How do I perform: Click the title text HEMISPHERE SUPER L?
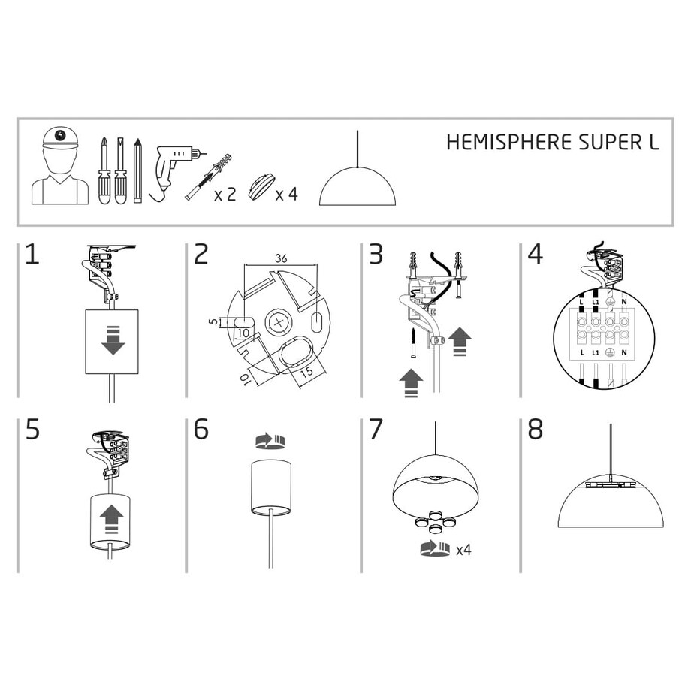point(553,143)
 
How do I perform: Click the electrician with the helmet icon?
point(59,166)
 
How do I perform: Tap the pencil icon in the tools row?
point(137,170)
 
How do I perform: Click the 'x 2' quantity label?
point(225,195)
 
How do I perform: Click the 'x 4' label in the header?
point(286,195)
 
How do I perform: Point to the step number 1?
point(32,255)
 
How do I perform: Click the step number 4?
point(535,255)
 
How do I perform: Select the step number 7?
point(376,430)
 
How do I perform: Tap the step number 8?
point(535,430)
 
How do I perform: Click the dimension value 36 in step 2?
point(281,258)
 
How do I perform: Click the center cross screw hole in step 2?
point(279,323)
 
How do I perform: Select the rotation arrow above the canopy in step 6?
point(270,440)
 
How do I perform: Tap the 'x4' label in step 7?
point(463,550)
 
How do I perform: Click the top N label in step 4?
point(624,300)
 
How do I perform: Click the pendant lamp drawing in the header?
point(358,184)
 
